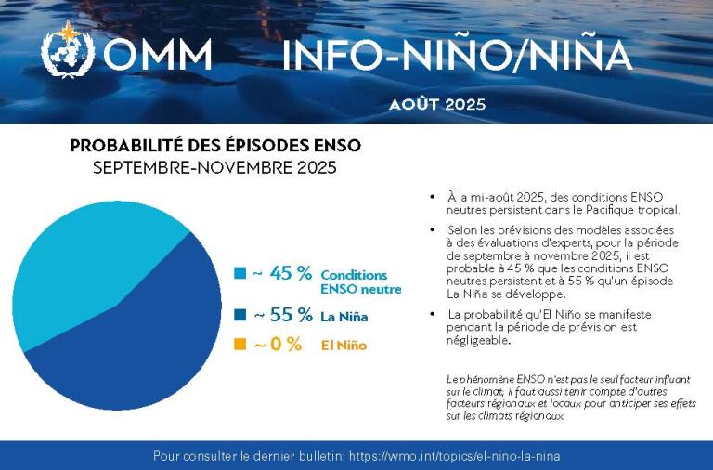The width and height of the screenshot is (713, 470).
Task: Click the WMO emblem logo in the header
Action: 68,52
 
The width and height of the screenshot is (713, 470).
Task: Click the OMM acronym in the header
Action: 158,56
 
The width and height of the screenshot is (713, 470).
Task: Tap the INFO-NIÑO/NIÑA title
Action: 457,56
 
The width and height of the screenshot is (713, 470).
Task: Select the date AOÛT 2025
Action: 437,104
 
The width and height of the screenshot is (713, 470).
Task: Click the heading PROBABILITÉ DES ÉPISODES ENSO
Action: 215,146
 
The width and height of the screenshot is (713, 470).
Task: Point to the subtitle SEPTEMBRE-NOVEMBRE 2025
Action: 215,168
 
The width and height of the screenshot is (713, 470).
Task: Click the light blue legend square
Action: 240,273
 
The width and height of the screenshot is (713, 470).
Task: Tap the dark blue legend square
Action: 240,315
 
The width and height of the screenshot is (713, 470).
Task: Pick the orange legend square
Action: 240,344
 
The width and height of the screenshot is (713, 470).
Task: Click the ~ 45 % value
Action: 282,273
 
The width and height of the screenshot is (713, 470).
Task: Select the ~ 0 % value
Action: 278,344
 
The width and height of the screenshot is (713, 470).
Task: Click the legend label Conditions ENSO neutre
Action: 360,281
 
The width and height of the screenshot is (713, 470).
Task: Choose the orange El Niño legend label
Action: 344,346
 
